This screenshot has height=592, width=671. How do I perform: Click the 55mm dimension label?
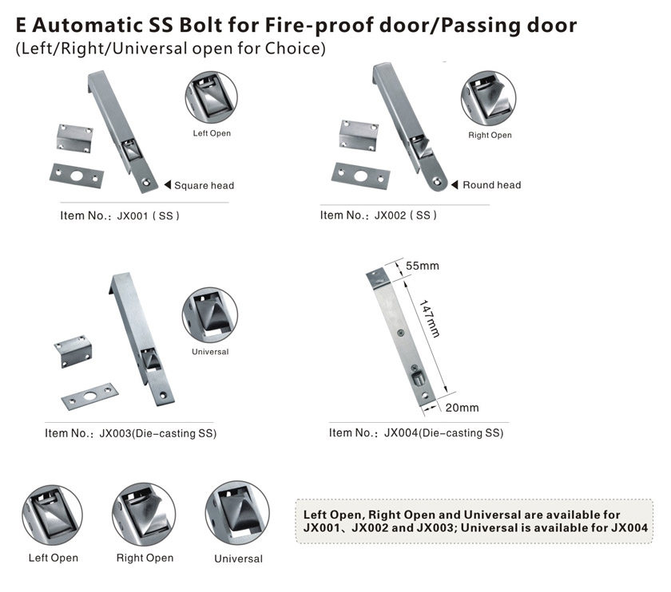coord(423,266)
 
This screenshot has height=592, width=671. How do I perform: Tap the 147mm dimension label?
coord(429,318)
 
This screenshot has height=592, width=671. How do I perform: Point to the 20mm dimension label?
coord(462,408)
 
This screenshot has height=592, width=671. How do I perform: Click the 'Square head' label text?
coord(204,186)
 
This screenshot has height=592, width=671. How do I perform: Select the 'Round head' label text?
coord(492,185)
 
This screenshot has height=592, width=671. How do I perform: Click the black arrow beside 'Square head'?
coord(168,184)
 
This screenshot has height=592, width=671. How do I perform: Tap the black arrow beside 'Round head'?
coord(455,184)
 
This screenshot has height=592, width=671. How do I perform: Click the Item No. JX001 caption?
coord(120,215)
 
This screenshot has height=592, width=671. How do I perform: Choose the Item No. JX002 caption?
coord(379,215)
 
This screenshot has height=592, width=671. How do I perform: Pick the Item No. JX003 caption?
coord(130,433)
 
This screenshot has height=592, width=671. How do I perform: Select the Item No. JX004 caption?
coord(416,432)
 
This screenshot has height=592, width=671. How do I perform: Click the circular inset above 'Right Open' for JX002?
coord(488,99)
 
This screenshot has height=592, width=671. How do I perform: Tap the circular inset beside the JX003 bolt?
coord(209,314)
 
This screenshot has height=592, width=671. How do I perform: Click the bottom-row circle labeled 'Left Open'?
coord(52,515)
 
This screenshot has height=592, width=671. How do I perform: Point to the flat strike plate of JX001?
coord(77,176)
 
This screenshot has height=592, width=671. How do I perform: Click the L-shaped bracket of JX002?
coord(359,135)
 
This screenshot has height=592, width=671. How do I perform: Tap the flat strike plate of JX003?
coord(89,397)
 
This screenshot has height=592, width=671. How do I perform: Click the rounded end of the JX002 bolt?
coord(436,182)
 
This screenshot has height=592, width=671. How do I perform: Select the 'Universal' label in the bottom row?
coord(238,558)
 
